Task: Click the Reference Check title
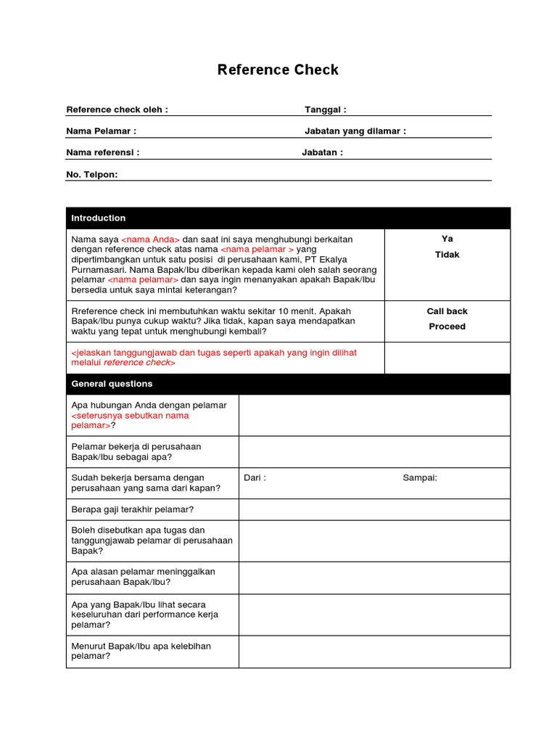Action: point(278,70)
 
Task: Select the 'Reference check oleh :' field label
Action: point(117,110)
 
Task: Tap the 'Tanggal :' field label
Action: point(325,110)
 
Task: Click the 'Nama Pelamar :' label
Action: point(101,131)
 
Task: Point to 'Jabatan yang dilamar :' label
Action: point(355,131)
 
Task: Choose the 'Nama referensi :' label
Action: point(102,153)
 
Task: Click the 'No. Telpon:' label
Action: point(91,175)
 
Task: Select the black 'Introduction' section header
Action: point(288,218)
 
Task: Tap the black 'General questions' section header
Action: point(288,384)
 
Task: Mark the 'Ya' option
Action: point(447,239)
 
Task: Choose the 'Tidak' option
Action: point(447,255)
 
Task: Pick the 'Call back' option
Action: point(447,311)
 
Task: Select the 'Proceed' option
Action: point(447,327)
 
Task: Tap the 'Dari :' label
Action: point(255,478)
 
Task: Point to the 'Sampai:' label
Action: point(420,478)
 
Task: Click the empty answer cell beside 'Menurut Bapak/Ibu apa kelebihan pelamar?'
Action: point(374,651)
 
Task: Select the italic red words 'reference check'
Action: point(136,362)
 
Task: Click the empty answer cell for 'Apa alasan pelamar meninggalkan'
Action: point(374,576)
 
